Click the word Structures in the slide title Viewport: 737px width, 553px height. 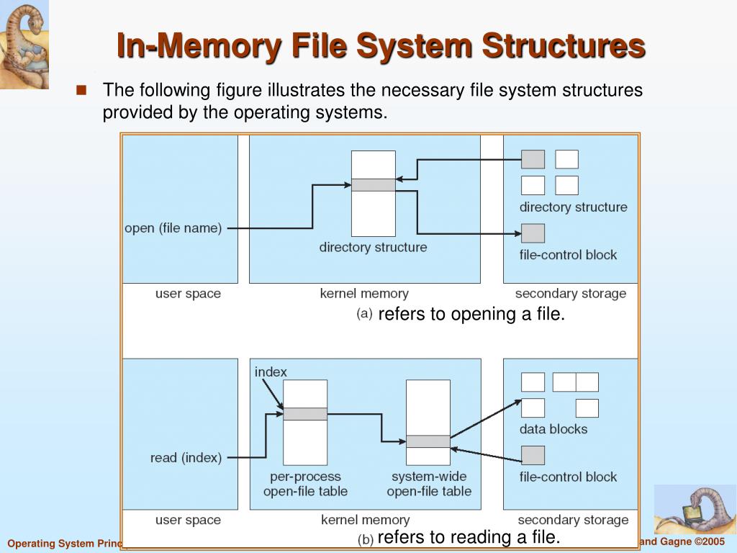click(564, 46)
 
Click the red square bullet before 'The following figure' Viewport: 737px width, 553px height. click(81, 91)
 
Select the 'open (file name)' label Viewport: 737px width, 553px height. click(173, 228)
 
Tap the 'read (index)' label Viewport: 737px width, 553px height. click(186, 457)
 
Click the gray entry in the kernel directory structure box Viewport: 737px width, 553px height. click(373, 185)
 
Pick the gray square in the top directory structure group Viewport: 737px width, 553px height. click(533, 159)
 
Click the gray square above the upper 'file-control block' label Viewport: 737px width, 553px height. click(533, 233)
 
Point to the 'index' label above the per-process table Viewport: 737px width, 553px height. click(271, 372)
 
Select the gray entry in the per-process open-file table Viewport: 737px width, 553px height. click(304, 414)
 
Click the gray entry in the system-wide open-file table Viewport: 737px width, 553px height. click(428, 441)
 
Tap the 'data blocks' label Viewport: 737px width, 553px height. click(553, 429)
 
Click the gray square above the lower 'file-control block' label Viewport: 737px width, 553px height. click(533, 455)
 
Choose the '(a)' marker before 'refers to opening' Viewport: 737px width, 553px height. click(364, 314)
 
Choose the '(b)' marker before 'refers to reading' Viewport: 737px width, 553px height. click(365, 539)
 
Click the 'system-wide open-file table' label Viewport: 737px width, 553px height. click(429, 484)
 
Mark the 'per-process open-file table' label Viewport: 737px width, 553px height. click(305, 484)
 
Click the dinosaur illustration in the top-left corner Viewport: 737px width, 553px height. click(23, 43)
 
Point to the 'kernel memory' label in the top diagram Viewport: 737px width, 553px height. click(363, 294)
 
